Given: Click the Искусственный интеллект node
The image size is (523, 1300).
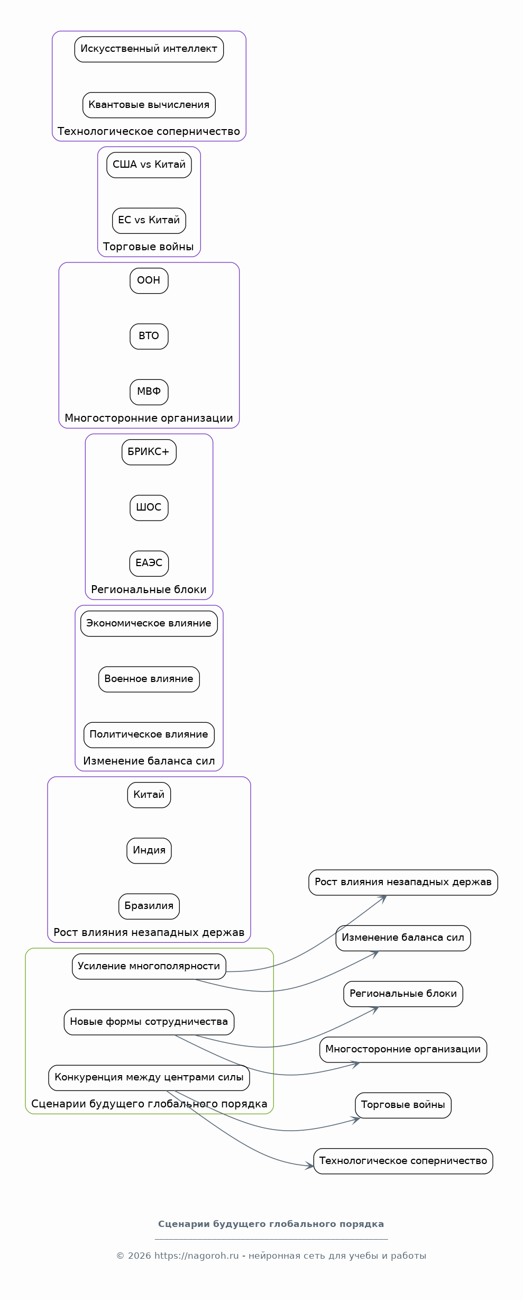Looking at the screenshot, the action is [x=149, y=49].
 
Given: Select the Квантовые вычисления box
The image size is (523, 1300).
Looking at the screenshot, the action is [x=149, y=105].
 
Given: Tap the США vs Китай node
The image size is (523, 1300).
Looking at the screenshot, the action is [x=149, y=165].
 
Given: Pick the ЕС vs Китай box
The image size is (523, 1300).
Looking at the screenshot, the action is [x=149, y=221].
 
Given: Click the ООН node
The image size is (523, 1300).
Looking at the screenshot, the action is [x=149, y=280].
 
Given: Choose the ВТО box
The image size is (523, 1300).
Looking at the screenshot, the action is [x=149, y=337].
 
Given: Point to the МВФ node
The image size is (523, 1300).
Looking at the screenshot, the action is [x=149, y=392].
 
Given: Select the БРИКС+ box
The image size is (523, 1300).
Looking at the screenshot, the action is [x=149, y=452].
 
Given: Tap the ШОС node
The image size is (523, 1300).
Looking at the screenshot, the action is [x=149, y=508].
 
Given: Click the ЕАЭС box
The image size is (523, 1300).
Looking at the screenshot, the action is [x=149, y=563].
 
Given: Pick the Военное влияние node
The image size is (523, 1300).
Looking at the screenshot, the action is [x=149, y=679].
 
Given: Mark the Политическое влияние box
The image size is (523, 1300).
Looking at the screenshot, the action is [x=149, y=735].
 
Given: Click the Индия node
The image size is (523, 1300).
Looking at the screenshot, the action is [x=149, y=851].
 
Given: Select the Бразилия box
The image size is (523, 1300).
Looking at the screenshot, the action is [x=149, y=906].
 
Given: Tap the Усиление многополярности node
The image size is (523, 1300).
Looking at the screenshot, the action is [x=149, y=967].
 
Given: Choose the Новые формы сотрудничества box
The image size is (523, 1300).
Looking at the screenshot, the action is [x=149, y=1022].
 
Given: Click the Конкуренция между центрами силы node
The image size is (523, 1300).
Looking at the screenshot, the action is [x=149, y=1078].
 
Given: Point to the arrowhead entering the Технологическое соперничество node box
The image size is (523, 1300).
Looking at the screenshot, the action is [x=310, y=1166].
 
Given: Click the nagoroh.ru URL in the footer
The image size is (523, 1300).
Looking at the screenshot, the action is [x=197, y=1256].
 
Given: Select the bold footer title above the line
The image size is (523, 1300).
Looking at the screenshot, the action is [x=271, y=1224].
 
